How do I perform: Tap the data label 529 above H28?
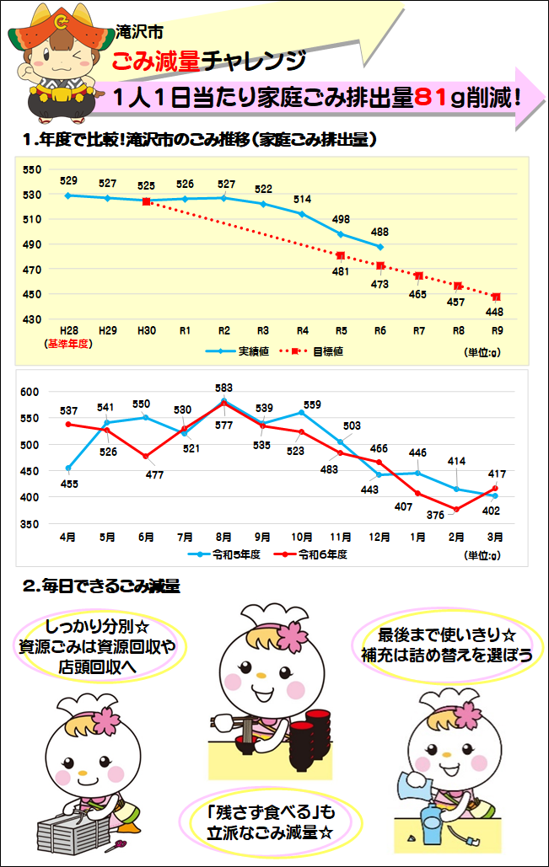click(x=69, y=180)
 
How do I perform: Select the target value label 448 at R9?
click(x=496, y=312)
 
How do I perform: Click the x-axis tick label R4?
click(x=303, y=331)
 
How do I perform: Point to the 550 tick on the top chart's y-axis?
click(x=32, y=169)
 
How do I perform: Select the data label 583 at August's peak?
click(x=223, y=388)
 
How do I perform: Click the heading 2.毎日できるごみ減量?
click(x=101, y=586)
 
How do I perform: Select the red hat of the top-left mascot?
click(x=61, y=34)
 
